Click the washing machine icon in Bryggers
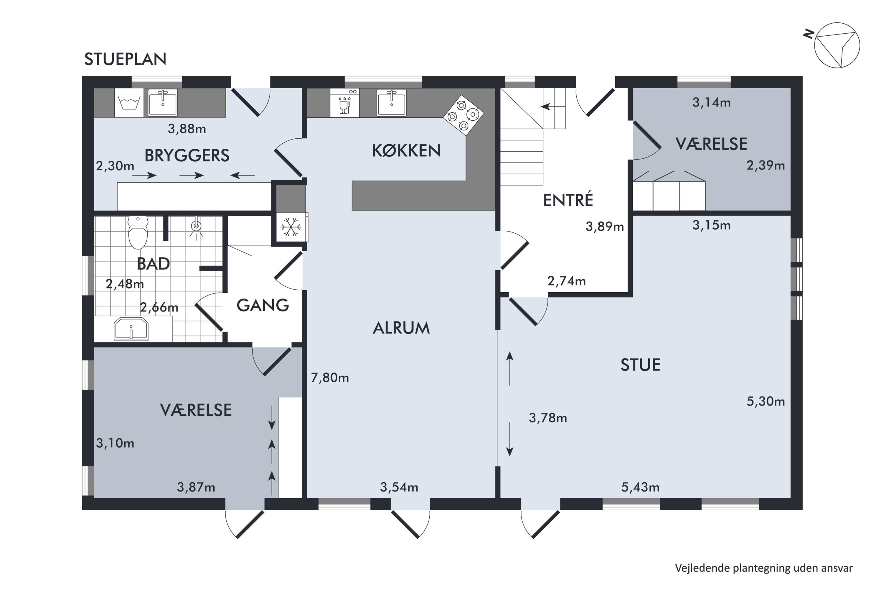coord(129,103)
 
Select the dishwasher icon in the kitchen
coord(345,103)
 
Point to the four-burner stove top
coord(464,115)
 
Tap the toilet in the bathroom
coord(138,232)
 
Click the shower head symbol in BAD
coord(196,227)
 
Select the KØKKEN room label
coord(406,151)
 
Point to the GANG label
coord(263,305)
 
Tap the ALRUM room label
coord(401,328)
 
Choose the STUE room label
coord(640,365)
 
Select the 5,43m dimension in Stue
coord(640,488)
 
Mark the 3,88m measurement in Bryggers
coord(187,129)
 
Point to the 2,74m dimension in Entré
coord(566,281)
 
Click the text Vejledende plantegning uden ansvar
coord(764,568)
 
